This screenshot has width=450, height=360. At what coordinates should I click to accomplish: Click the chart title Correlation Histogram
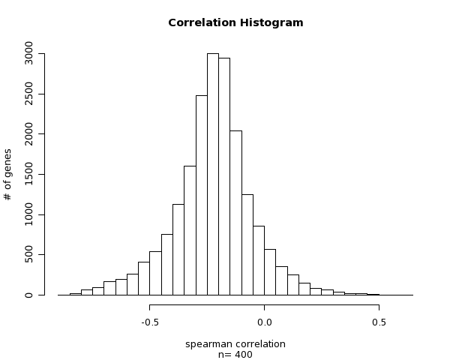[235, 22]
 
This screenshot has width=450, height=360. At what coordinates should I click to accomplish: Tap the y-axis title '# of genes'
[8, 174]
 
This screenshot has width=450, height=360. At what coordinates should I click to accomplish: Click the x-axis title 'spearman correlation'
[235, 344]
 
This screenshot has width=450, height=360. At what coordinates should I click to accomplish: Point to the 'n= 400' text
[235, 355]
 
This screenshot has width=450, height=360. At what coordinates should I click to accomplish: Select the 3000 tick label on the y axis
[28, 54]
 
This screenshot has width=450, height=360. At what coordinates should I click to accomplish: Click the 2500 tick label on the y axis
[28, 94]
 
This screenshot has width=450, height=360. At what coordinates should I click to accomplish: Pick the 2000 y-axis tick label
[28, 134]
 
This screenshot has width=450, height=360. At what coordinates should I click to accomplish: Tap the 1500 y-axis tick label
[28, 175]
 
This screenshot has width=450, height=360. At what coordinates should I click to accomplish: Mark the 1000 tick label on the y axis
[28, 214]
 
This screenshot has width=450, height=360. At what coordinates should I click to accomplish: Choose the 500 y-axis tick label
[28, 255]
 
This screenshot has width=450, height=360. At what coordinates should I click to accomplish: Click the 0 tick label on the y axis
[28, 295]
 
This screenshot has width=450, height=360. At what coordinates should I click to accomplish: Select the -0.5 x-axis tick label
[149, 322]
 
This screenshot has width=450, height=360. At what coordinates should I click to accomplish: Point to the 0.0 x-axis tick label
[264, 322]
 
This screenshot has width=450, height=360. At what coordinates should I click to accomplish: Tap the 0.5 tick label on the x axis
[379, 322]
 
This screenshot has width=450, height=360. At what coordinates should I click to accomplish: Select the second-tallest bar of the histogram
[224, 176]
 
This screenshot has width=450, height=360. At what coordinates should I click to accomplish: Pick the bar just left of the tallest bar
[201, 195]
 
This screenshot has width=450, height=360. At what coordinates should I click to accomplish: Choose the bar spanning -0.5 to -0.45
[155, 273]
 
